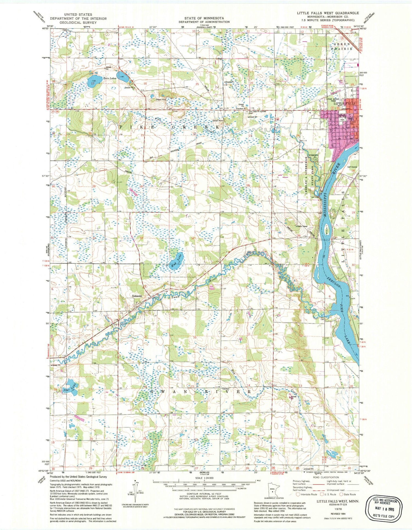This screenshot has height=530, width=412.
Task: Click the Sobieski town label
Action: [x=137, y=296]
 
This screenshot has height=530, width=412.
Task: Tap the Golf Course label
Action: [x=352, y=167]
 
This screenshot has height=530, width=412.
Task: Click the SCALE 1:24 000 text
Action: [x=204, y=478]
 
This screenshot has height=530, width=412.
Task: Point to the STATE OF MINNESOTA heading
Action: [x=204, y=18]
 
